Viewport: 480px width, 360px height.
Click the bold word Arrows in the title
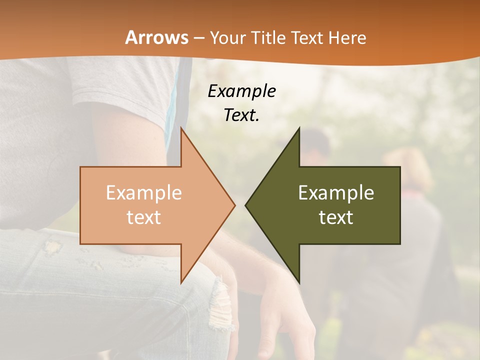pos(156,38)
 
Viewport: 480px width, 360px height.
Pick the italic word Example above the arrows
pos(241,91)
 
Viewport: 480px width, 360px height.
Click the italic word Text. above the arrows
pos(241,115)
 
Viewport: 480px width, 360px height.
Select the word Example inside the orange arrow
pos(143,193)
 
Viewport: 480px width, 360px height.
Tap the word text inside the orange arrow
pos(143,217)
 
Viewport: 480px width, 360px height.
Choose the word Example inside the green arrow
pos(336,193)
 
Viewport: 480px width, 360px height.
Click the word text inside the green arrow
pos(336,217)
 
